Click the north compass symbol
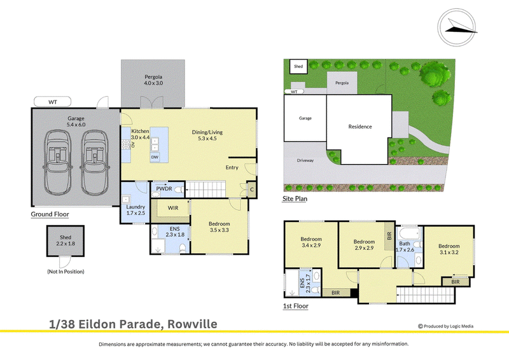(x=456, y=27)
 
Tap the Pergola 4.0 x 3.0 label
(x=153, y=80)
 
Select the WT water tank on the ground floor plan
(x=53, y=102)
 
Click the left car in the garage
(x=58, y=162)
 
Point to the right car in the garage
(x=95, y=162)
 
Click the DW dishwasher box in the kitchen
(x=155, y=157)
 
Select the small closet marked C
(x=251, y=190)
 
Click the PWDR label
(x=164, y=189)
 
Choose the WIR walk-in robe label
(x=173, y=208)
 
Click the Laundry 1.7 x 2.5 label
(x=136, y=210)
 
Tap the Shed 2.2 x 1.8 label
(x=66, y=240)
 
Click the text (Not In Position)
(x=66, y=272)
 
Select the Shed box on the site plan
(x=298, y=67)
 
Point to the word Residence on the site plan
(x=360, y=127)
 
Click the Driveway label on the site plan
(x=305, y=160)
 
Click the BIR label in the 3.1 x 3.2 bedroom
(x=456, y=282)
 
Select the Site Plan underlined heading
(x=295, y=198)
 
